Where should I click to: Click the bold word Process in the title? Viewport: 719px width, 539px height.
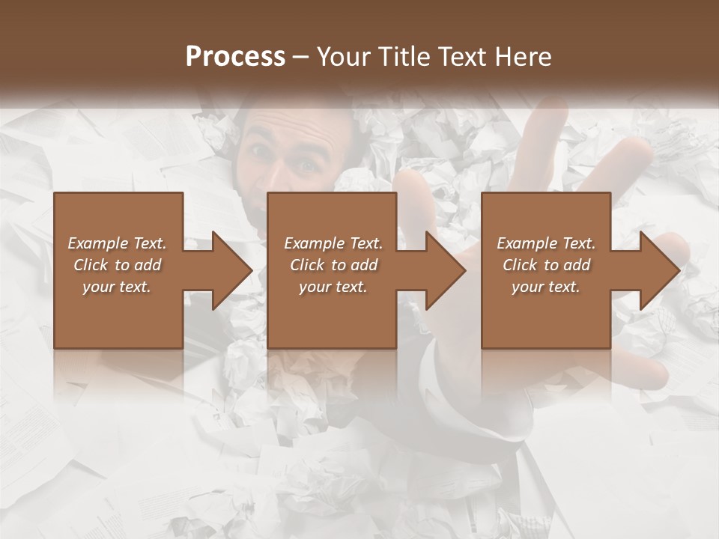235,57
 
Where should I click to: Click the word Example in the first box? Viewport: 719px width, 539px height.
98,243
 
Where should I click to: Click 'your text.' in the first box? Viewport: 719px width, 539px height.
117,287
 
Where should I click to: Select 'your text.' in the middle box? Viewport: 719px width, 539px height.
333,287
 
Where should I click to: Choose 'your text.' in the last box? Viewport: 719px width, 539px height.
546,287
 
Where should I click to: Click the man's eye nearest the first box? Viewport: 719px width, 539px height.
261,151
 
